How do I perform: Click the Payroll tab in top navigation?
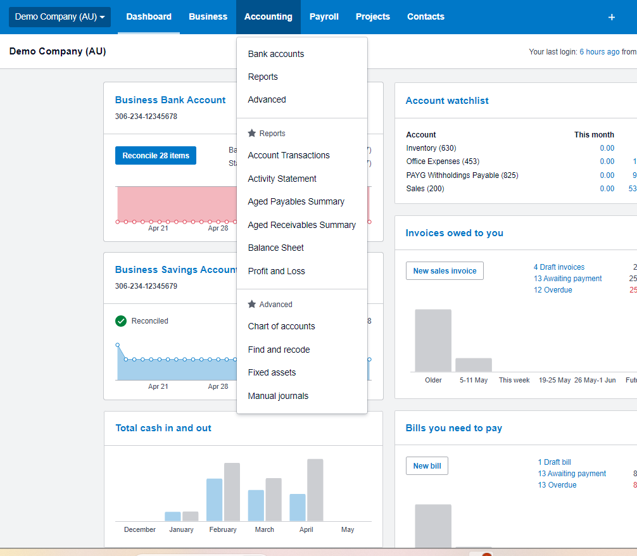coord(324,16)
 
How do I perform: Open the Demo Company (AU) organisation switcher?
coord(60,17)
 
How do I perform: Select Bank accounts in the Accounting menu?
coord(275,54)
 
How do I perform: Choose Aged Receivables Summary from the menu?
coord(301,225)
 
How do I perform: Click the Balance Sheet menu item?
coord(275,248)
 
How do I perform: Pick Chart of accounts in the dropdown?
coord(281,326)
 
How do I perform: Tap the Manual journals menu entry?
coord(278,396)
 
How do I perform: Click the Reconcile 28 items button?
coord(156,155)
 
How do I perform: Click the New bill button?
coord(427,466)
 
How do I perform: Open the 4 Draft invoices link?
coord(559,267)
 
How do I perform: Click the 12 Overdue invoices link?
coord(553,290)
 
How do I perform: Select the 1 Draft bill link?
coord(554,462)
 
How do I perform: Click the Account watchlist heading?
coord(447,101)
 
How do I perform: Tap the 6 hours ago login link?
coord(599,52)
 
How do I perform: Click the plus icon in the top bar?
coord(612,17)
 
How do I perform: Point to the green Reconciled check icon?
coord(121,321)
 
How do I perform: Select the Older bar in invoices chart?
coord(433,340)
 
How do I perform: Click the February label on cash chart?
coord(223,529)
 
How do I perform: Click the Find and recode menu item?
coord(279,350)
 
